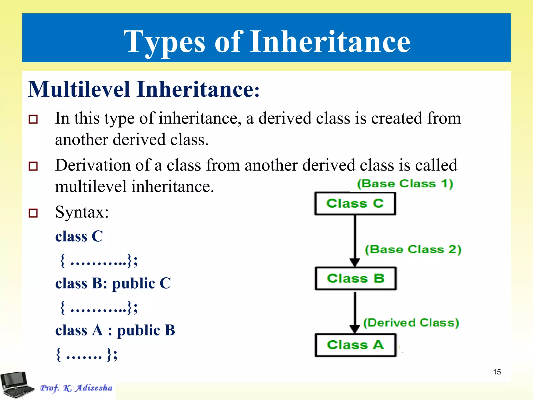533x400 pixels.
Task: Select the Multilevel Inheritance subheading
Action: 144,89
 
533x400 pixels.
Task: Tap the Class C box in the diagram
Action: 355,203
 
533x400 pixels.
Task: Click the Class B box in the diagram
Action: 356,278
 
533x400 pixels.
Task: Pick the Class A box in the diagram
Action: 356,345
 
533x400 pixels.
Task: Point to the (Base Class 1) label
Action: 405,184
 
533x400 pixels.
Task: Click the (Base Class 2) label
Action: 413,249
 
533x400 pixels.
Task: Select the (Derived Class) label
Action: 411,323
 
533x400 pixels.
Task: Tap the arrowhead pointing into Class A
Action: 355,329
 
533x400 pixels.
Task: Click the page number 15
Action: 497,372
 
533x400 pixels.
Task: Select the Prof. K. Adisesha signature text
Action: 76,388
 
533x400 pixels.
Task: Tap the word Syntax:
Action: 82,212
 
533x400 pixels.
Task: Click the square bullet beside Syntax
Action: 33,213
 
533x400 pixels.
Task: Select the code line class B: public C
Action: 113,283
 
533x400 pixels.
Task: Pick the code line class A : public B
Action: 115,330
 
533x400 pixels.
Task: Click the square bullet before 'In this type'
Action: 33,119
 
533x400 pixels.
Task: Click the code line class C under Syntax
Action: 79,236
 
